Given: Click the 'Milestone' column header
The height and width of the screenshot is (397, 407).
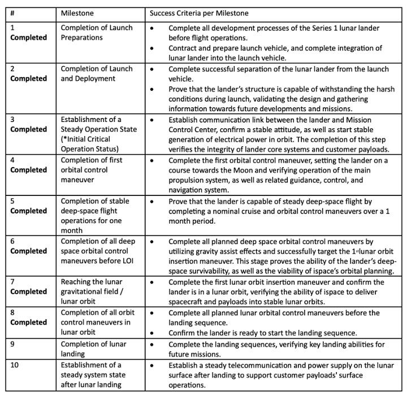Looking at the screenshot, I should tap(79, 12).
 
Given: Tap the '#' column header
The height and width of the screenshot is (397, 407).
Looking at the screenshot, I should tap(13, 12).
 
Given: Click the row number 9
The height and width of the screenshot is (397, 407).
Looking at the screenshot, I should tap(13, 344).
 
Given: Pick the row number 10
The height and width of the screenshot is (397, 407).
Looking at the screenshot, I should tap(15, 365).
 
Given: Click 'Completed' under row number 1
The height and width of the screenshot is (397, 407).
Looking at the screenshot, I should tap(29, 38).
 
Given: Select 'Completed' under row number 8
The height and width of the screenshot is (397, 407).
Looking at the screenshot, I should tap(29, 322).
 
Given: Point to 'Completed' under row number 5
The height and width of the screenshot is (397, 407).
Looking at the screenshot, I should tap(29, 211).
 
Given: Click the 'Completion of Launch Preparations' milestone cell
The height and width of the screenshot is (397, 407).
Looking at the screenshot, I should tap(97, 33).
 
